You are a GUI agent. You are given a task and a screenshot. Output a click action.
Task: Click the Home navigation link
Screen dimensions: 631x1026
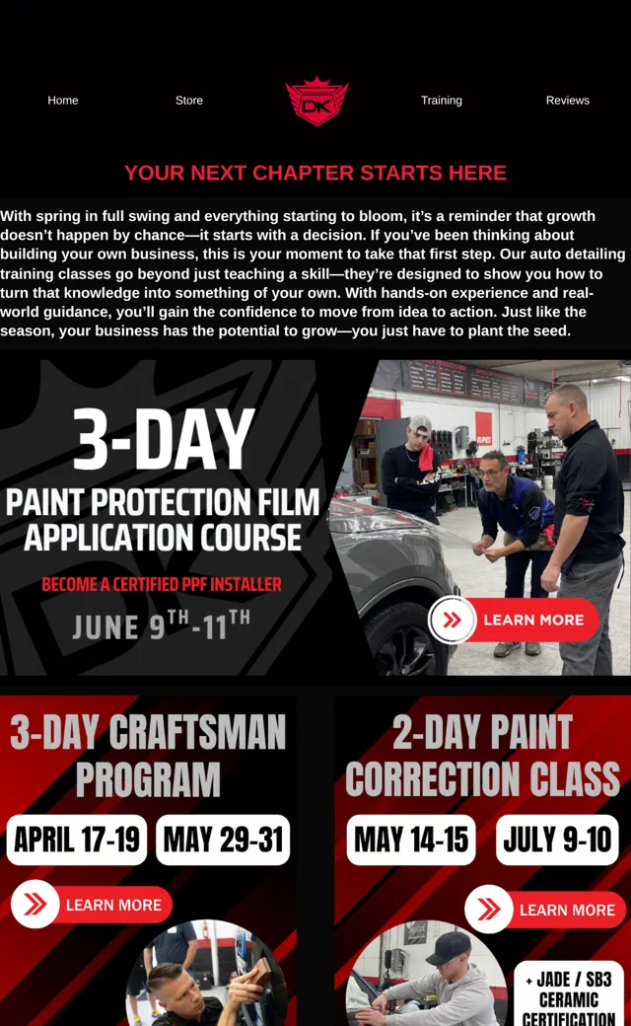pos(63,100)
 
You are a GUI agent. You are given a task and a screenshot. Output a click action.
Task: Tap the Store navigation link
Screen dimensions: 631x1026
pos(189,100)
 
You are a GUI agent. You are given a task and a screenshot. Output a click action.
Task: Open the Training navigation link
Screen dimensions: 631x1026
pos(442,100)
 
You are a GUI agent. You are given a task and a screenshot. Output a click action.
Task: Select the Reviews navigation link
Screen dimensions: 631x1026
pos(568,100)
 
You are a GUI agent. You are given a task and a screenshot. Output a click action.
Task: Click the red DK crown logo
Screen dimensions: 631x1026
pos(316,102)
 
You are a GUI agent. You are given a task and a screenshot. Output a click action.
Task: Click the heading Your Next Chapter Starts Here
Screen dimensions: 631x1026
pos(315,173)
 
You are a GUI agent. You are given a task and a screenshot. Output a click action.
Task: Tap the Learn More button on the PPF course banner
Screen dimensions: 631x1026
pos(514,620)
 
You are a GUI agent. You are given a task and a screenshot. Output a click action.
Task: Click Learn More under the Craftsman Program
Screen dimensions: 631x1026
pos(92,905)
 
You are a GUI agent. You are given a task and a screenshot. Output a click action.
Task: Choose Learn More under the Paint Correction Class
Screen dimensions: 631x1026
pos(544,909)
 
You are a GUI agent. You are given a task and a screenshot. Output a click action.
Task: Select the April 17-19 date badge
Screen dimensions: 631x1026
pos(77,840)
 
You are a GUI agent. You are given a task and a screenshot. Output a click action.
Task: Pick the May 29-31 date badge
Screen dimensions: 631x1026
pos(223,840)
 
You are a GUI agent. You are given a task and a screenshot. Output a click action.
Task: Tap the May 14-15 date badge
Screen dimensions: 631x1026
pos(410,840)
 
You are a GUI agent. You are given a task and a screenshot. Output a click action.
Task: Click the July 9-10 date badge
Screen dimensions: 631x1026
pos(557,840)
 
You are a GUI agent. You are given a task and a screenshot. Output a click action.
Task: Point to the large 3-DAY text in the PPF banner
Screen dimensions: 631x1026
pos(164,439)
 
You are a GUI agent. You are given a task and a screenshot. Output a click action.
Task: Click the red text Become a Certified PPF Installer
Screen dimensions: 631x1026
pos(162,584)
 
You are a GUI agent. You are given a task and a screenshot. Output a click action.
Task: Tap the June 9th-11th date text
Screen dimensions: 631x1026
pos(161,624)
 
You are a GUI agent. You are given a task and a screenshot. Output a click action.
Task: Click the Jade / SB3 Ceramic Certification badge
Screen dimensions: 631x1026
pos(569,994)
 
